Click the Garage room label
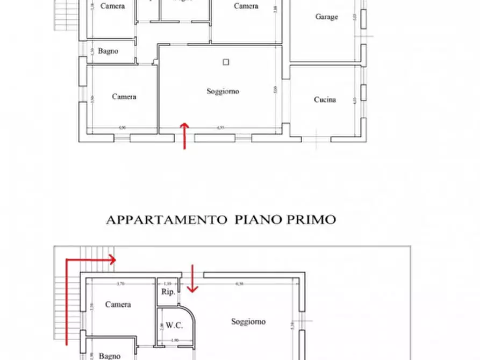[x=326, y=17]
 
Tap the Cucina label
[x=325, y=100]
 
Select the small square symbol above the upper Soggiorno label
[x=226, y=62]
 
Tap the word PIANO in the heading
[x=253, y=220]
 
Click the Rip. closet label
[x=167, y=292]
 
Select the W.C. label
[x=174, y=325]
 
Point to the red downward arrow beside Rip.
[x=192, y=279]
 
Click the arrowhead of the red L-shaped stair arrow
[x=112, y=260]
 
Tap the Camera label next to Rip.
[x=118, y=305]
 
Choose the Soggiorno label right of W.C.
[x=248, y=322]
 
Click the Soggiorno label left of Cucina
[x=223, y=91]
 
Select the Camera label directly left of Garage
[x=246, y=6]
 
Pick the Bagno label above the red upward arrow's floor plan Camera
[x=108, y=52]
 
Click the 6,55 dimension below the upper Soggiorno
[x=220, y=128]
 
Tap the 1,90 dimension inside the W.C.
[x=175, y=340]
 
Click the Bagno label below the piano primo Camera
[x=109, y=356]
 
